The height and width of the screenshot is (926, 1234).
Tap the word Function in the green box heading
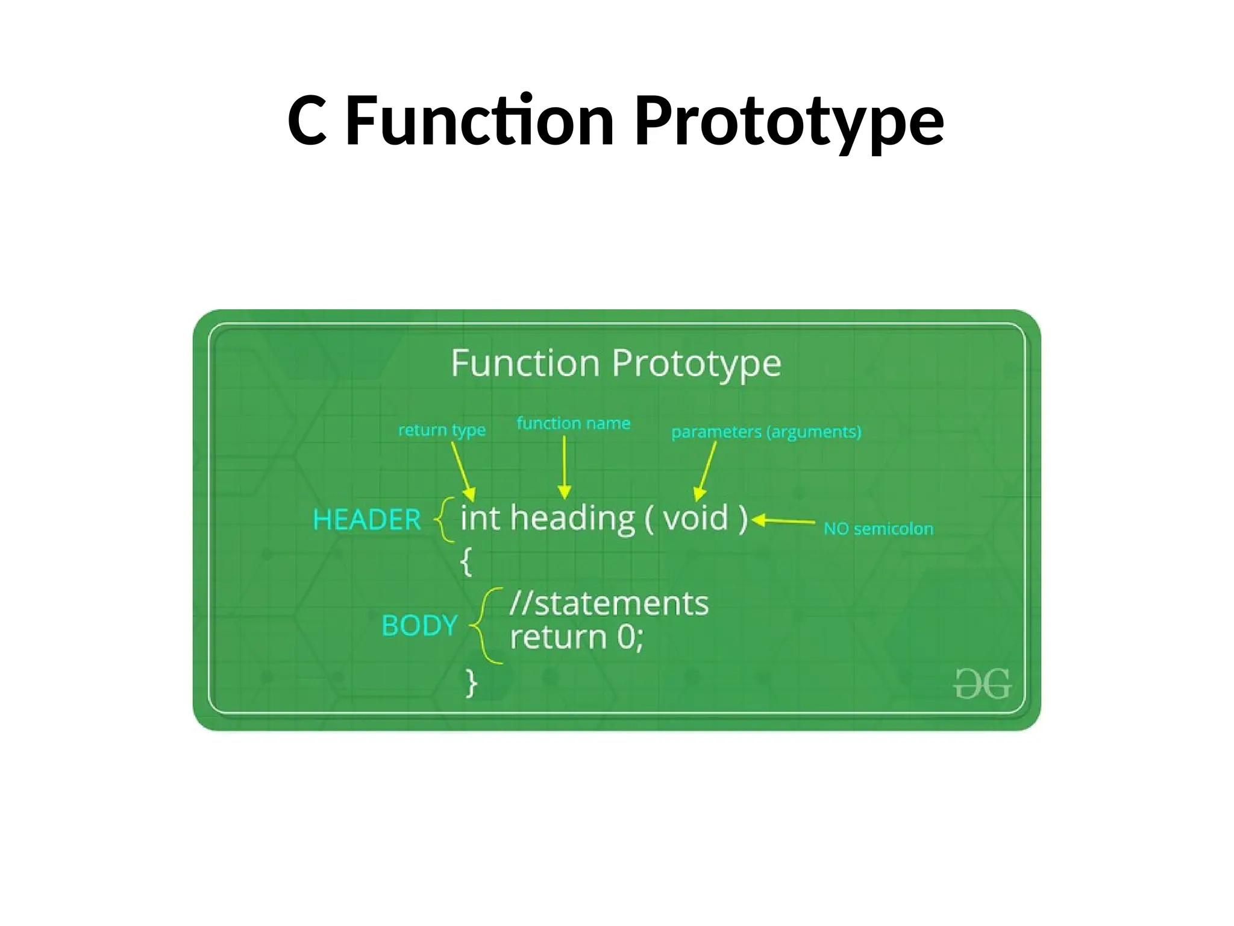coord(525,363)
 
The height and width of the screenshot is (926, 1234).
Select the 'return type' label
coord(442,430)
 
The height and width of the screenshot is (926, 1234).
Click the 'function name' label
coord(573,423)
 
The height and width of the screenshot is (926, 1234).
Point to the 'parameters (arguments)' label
coord(766,432)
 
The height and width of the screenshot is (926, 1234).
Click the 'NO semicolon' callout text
coord(878,529)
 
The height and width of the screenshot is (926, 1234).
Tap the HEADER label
coord(366,520)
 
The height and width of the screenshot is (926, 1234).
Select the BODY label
coord(419,625)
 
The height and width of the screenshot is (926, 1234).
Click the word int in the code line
coord(480,518)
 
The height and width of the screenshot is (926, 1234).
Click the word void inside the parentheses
coord(696,518)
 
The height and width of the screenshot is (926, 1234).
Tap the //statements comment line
coord(609,603)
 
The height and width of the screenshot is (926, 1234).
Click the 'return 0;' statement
coord(577,637)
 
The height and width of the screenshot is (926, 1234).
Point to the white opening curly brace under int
coord(466,561)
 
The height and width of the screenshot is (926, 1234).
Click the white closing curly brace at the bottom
coord(471,683)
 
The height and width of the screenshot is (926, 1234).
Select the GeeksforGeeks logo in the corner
coord(982,684)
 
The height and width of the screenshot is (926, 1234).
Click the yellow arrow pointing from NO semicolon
coord(783,521)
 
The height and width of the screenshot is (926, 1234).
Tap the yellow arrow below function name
coord(565,467)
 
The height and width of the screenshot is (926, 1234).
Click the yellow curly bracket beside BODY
coord(486,626)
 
